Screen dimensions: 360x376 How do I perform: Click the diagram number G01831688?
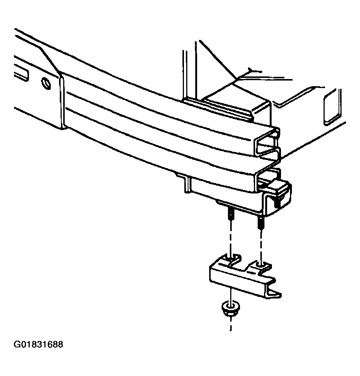click(x=38, y=344)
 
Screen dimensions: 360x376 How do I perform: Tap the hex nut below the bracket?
click(x=230, y=308)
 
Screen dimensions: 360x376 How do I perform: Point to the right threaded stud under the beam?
click(x=261, y=223)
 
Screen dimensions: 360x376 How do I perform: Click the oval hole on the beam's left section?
click(x=46, y=84)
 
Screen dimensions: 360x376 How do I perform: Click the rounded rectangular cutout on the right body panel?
click(x=332, y=107)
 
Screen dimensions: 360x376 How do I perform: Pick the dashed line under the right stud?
click(x=261, y=246)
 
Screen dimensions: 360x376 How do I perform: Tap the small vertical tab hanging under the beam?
click(x=187, y=184)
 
